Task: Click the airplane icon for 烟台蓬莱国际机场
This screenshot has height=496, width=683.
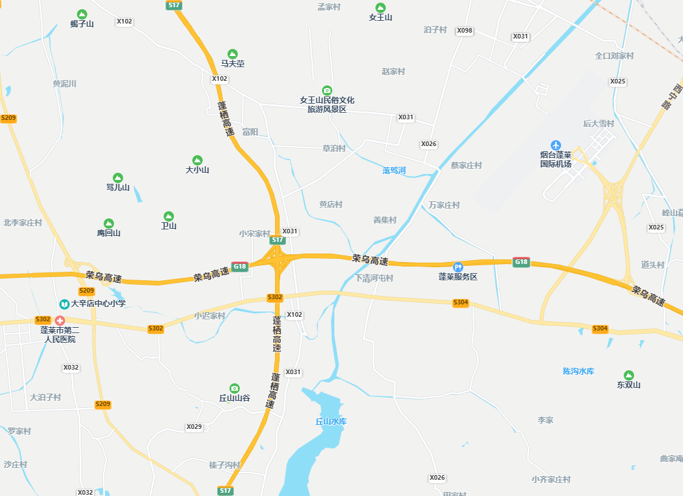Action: click(555, 145)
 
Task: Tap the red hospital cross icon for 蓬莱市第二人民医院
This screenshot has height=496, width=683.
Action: click(59, 320)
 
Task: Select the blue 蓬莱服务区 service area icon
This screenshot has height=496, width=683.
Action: click(458, 267)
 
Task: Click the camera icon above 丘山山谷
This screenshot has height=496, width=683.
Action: click(234, 388)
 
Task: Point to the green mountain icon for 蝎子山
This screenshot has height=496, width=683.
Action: click(82, 14)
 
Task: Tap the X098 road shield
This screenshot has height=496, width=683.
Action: click(465, 31)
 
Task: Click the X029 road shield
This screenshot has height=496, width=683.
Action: click(194, 427)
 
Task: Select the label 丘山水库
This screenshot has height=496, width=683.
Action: click(331, 422)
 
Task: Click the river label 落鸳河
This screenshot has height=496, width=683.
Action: click(394, 171)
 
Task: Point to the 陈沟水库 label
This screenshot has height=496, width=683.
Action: click(579, 372)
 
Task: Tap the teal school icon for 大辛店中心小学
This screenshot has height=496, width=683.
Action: click(65, 304)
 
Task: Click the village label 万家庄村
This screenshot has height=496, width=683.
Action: click(444, 205)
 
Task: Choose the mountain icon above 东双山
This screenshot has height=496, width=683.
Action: click(629, 375)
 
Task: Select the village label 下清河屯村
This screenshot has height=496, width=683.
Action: click(374, 278)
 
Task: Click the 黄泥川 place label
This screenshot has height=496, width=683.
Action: click(65, 83)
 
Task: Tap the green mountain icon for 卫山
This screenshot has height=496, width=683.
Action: click(169, 216)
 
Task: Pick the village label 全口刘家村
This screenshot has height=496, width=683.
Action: click(614, 56)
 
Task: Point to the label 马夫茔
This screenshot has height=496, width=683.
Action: click(233, 64)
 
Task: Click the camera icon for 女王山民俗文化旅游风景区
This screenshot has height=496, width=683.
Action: click(327, 90)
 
